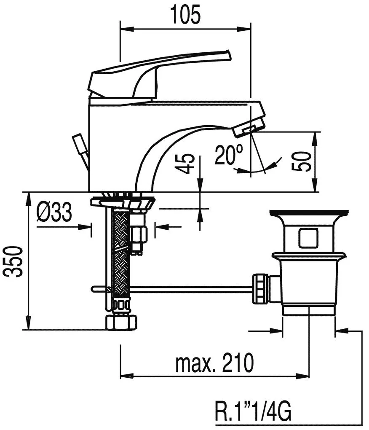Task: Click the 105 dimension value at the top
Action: pos(185,14)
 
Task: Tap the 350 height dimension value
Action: pos(15,262)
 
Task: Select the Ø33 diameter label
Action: pos(54,212)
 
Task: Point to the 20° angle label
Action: pos(229,155)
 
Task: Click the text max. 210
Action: pos(214,363)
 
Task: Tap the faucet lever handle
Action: pos(159,74)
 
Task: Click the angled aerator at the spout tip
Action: pos(249,127)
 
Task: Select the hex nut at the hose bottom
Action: pos(121,322)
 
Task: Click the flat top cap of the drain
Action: pos(309,212)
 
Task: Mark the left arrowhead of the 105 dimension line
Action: pos(126,29)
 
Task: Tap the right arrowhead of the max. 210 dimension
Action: pos(303,376)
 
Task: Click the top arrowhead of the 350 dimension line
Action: pos(28,199)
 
